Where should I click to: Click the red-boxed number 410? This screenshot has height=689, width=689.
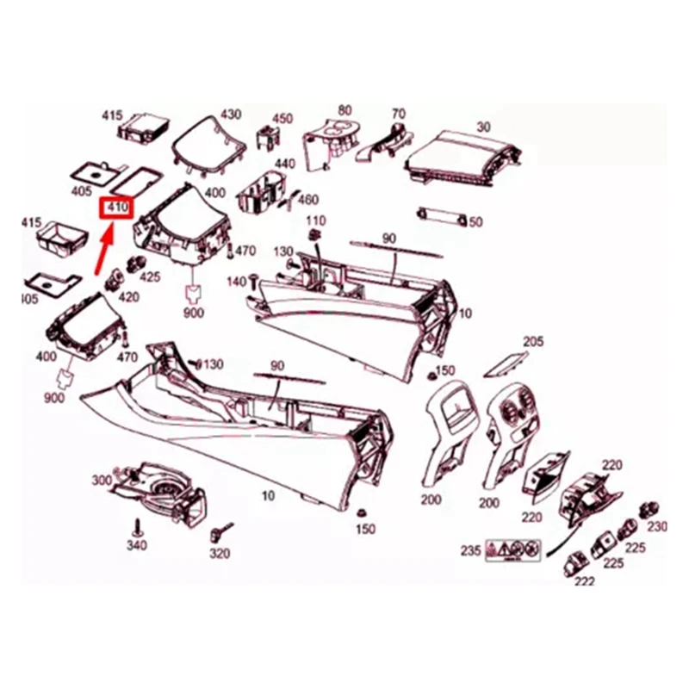pos(115,208)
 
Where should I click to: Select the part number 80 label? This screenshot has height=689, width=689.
pos(344,110)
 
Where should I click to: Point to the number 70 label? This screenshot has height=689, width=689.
pos(397,115)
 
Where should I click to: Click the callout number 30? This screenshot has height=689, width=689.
pos(483,127)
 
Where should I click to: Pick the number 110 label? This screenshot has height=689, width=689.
pos(316,221)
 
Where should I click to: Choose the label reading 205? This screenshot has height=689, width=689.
pos(533,342)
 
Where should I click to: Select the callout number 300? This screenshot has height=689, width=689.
pos(102,480)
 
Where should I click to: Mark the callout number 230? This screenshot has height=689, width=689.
pos(657,527)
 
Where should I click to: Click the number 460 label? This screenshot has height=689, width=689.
pos(307,200)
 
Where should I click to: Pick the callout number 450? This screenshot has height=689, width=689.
pos(282,119)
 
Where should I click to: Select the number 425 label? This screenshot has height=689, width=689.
pos(150,276)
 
